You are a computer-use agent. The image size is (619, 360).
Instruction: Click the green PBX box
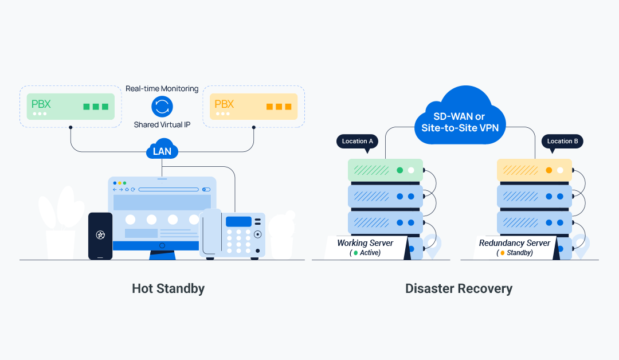tap(70, 107)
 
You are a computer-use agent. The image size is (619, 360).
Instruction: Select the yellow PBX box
tap(253, 107)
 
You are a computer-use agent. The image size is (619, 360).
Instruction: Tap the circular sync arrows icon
tap(162, 106)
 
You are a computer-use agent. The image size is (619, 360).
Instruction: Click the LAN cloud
tap(162, 151)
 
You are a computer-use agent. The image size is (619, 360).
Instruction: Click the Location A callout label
tap(357, 142)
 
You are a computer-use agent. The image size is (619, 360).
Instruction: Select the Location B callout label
tap(562, 142)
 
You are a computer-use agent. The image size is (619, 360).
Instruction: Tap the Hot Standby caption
tap(168, 288)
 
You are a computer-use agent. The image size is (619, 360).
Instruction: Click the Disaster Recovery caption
tap(459, 288)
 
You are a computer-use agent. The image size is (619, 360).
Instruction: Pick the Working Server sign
tap(366, 247)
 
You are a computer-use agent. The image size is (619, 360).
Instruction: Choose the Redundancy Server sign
tap(515, 247)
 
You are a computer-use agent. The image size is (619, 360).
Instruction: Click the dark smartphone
tap(100, 236)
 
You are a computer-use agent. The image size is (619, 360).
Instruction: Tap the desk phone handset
tap(210, 232)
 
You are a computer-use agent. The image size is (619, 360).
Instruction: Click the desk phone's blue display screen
tap(238, 222)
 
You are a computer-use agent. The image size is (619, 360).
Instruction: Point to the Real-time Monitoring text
tap(162, 89)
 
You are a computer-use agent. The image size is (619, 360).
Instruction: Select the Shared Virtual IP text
tap(162, 124)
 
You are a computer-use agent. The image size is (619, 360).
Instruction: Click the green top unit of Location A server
tap(385, 170)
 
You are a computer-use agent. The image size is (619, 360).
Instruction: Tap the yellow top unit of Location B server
tap(534, 170)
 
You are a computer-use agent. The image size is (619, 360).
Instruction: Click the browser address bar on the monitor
tap(169, 189)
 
